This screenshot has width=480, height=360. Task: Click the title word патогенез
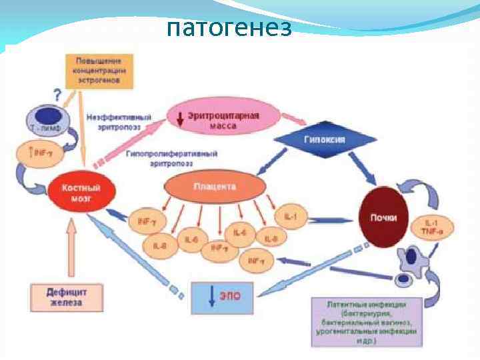[229, 28]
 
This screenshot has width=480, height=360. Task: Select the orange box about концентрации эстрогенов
[99, 71]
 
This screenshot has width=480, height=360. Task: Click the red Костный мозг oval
[85, 193]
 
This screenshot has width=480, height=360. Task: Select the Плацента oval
[214, 188]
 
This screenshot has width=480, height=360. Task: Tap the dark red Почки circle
[384, 217]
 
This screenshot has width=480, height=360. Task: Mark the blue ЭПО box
[223, 297]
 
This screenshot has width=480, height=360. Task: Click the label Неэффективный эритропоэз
[119, 121]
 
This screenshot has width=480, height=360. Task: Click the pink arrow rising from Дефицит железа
[72, 247]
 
